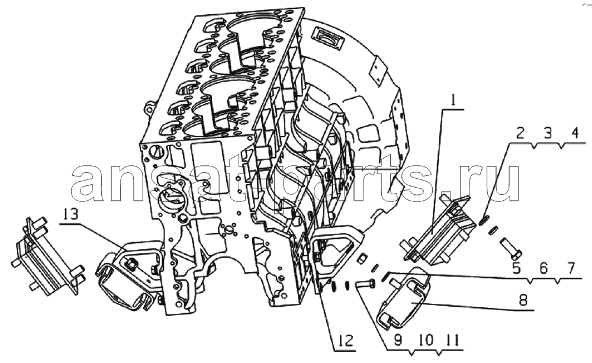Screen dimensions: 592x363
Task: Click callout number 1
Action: click(x=453, y=100)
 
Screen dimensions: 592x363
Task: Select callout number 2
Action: click(x=520, y=133)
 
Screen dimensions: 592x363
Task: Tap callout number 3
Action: click(x=548, y=133)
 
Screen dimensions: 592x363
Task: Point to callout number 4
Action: click(x=575, y=133)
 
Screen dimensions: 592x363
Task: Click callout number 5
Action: click(x=516, y=268)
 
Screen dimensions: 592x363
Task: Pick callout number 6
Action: click(x=543, y=268)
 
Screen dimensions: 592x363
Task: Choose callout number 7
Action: click(x=571, y=268)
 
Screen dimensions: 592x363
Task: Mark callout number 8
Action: click(x=523, y=300)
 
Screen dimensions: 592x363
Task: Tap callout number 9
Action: click(x=398, y=340)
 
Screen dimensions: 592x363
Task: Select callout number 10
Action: click(x=426, y=340)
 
